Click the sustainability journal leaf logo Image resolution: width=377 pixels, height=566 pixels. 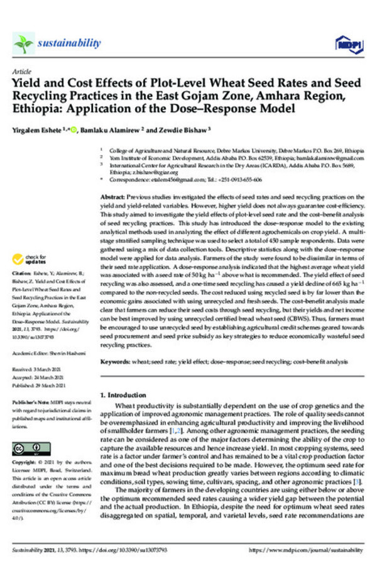coord(23,43)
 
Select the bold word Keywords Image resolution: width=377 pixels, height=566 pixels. coord(116,363)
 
